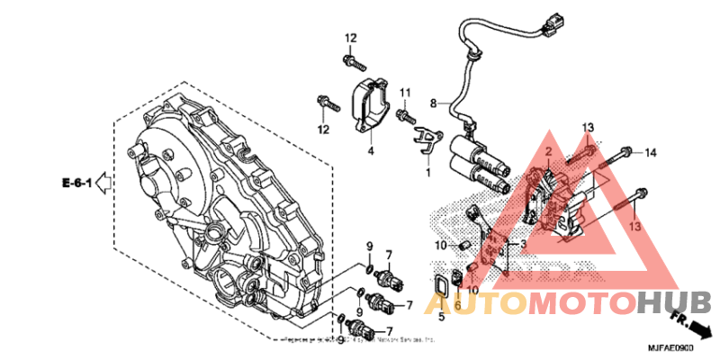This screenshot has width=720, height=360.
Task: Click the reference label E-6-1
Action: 77,184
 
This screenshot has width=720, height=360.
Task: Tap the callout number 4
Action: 370,150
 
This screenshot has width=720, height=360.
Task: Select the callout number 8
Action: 433,103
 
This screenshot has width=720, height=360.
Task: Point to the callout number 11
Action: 406,93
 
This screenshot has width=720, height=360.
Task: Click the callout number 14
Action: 651,153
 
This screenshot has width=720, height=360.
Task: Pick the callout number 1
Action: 428,171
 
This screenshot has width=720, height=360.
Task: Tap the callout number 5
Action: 441,316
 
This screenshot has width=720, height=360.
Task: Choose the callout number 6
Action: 457,307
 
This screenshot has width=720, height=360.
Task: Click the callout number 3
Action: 523,244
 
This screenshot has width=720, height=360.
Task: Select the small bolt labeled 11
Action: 405,115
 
